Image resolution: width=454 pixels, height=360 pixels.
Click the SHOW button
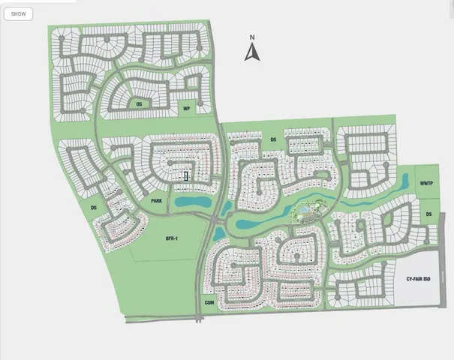18,13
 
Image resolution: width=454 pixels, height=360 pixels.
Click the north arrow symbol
253,52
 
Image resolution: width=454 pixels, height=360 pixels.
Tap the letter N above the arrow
253,37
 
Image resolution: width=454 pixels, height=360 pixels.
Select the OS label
139,104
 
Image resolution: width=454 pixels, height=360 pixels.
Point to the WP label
185,109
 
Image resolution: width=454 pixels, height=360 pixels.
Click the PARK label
156,201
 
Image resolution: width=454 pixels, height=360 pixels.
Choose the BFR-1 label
171,238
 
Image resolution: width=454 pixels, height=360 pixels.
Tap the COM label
209,302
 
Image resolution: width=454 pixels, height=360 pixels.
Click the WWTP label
427,183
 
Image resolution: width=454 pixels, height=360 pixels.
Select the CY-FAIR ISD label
420,279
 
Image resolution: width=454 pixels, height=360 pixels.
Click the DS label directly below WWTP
429,214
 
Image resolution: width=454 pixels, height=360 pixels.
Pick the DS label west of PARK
94,208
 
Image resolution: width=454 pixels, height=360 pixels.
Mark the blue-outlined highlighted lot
186,176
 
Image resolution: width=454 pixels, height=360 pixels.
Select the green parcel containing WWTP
427,187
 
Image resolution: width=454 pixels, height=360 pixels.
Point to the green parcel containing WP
188,107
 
